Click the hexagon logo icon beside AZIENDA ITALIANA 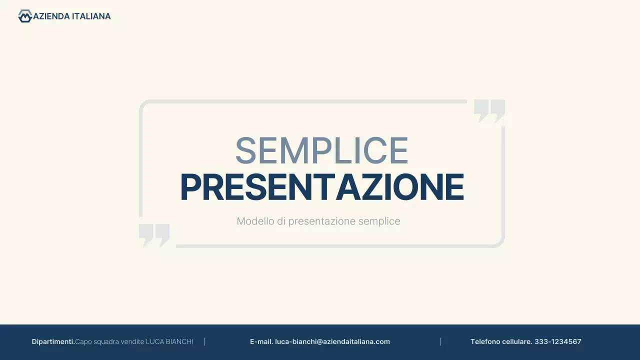coord(24,16)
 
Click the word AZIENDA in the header coord(51,16)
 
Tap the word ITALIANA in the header coord(91,16)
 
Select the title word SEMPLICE coord(321,150)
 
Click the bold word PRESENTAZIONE coord(321,188)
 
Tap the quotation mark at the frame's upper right coord(489,110)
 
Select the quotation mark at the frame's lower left coord(154,235)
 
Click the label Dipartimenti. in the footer coord(53,341)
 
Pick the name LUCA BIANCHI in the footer coord(169,341)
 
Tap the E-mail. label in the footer coord(261,341)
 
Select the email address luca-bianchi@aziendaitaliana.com coord(332,341)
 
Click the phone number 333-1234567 coord(557,341)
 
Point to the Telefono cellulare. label coord(501,341)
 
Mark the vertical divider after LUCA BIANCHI coord(205,341)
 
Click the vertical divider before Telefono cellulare coord(440,341)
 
